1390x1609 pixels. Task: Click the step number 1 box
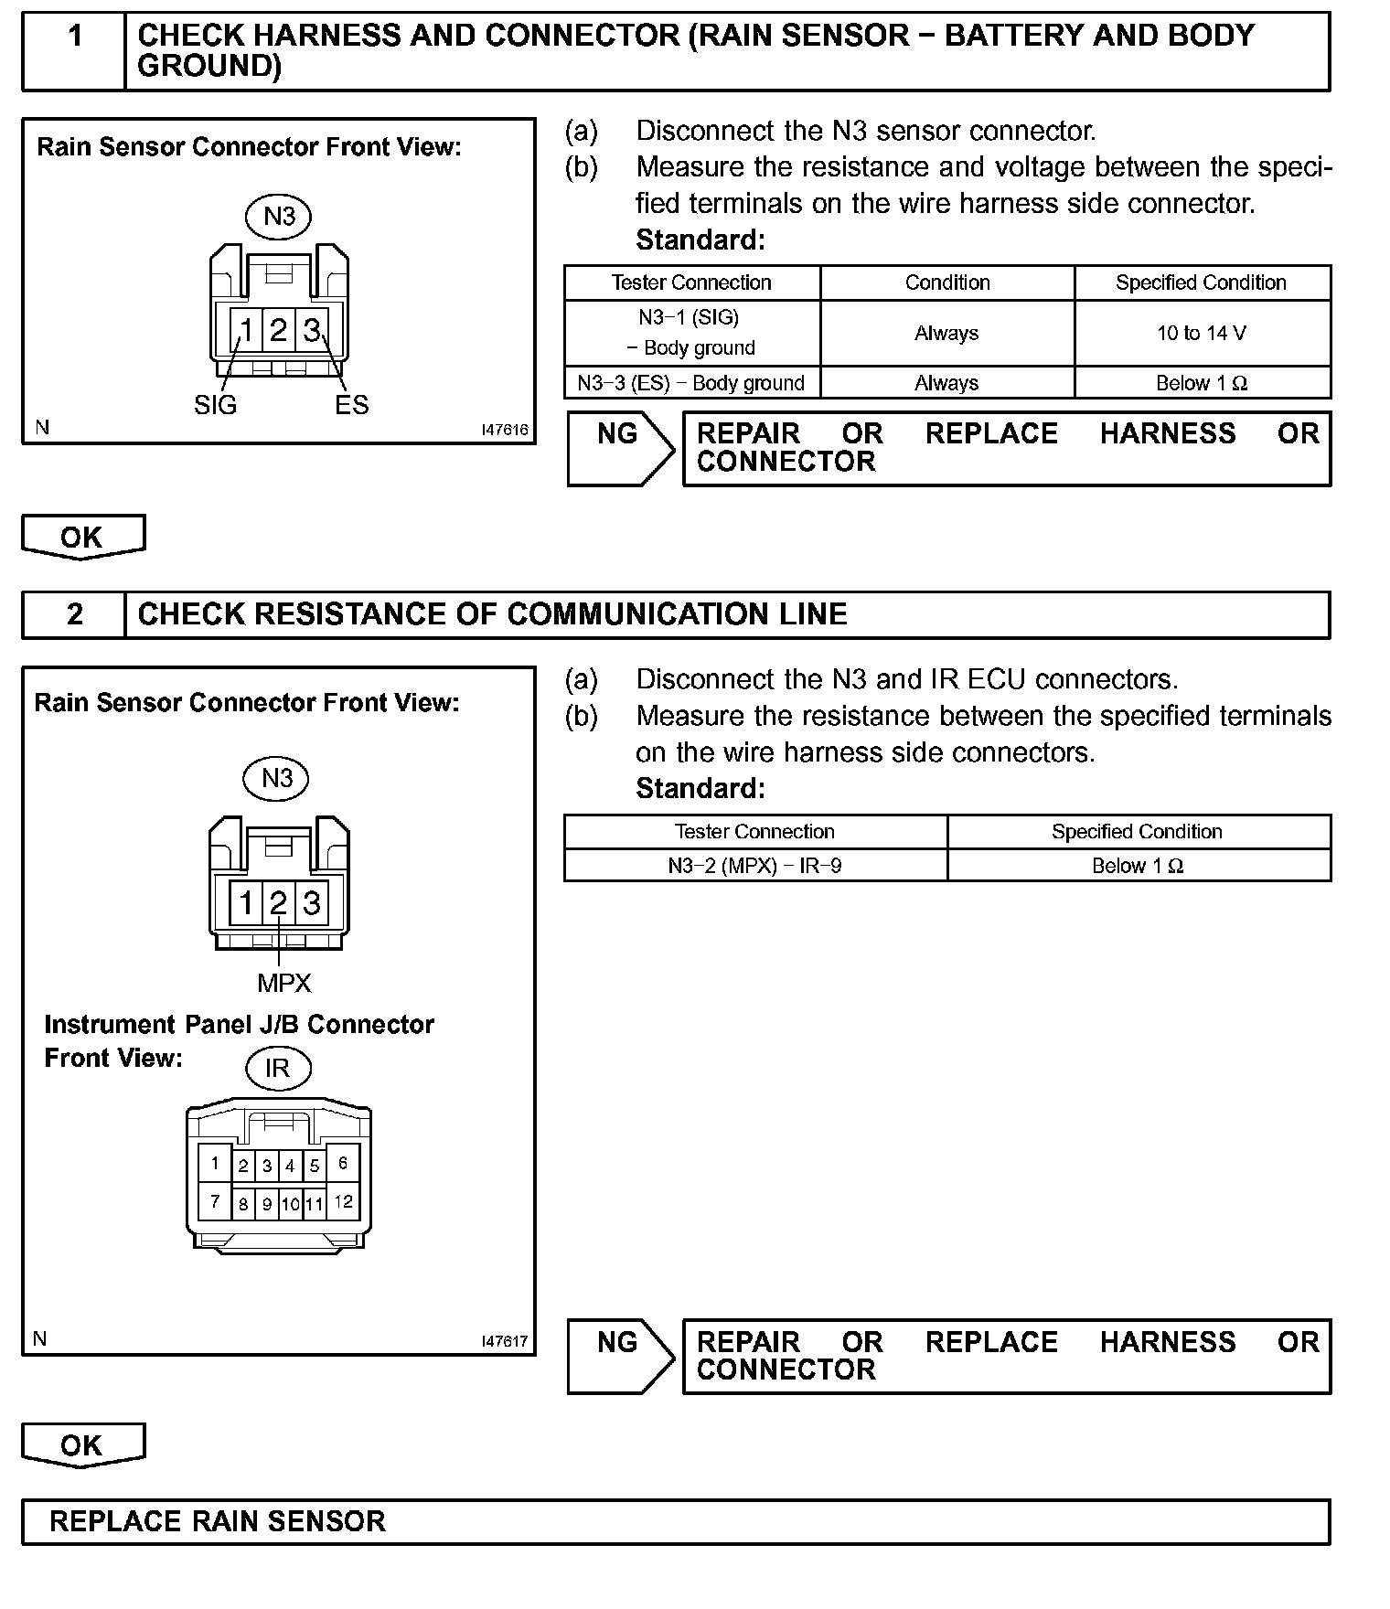click(x=74, y=51)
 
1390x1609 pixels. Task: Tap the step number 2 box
click(x=74, y=614)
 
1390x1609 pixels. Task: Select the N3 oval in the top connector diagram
click(x=279, y=217)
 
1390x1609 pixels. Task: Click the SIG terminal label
click(x=216, y=405)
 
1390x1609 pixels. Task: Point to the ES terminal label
click(x=351, y=405)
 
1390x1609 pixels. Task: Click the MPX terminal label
click(x=284, y=984)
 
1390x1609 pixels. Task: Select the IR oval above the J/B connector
click(x=277, y=1068)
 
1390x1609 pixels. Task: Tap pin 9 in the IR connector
click(x=267, y=1204)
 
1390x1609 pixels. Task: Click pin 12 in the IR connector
click(x=343, y=1201)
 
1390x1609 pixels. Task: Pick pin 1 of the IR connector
click(x=215, y=1164)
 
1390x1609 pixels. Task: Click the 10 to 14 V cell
click(x=1202, y=334)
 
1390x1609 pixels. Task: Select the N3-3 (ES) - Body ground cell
click(x=691, y=383)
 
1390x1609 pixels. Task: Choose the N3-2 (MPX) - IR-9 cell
click(x=755, y=866)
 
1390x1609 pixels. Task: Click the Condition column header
click(x=947, y=282)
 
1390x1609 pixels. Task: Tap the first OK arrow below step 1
click(x=82, y=537)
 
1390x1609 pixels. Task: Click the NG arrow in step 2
click(x=619, y=1355)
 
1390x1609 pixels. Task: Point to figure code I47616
click(x=505, y=430)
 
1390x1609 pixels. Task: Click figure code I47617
click(x=505, y=1341)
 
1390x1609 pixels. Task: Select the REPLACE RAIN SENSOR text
click(x=218, y=1521)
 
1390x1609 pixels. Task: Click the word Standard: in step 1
click(x=700, y=240)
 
